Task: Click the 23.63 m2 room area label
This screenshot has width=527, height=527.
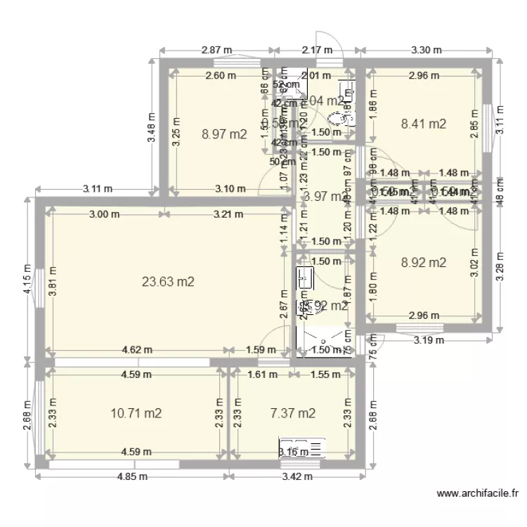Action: (x=167, y=282)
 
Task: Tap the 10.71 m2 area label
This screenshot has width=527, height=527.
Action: (x=136, y=413)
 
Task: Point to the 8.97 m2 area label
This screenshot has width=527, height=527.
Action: (x=223, y=134)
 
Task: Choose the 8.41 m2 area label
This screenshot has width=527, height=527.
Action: (x=423, y=124)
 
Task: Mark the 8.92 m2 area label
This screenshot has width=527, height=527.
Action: (x=423, y=263)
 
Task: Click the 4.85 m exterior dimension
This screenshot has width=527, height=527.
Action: (x=132, y=476)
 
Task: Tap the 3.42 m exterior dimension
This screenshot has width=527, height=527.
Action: (x=297, y=476)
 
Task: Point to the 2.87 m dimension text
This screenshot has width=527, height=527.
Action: (x=216, y=50)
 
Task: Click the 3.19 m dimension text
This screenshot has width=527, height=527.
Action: (x=429, y=340)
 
